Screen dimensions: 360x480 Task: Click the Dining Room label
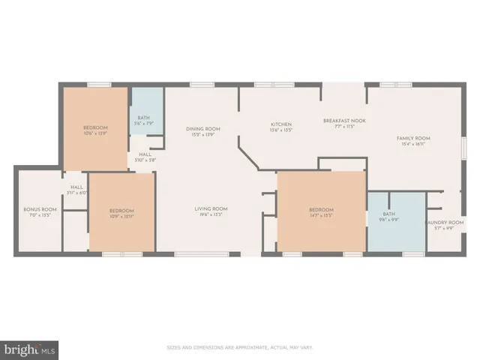point(202,129)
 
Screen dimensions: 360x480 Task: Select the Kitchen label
point(281,124)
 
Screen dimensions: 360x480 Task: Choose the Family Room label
point(413,138)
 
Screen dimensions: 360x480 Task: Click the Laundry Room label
point(440,223)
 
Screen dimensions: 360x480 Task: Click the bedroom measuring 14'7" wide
point(321,212)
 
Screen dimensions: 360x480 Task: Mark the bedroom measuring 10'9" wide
point(121,212)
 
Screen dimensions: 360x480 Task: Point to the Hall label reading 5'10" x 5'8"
point(144,157)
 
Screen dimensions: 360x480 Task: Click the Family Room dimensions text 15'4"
point(413,145)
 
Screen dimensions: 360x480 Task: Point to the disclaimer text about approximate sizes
point(239,347)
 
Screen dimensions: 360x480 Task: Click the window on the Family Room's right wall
point(463,148)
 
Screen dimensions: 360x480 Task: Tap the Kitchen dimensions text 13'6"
point(281,130)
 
